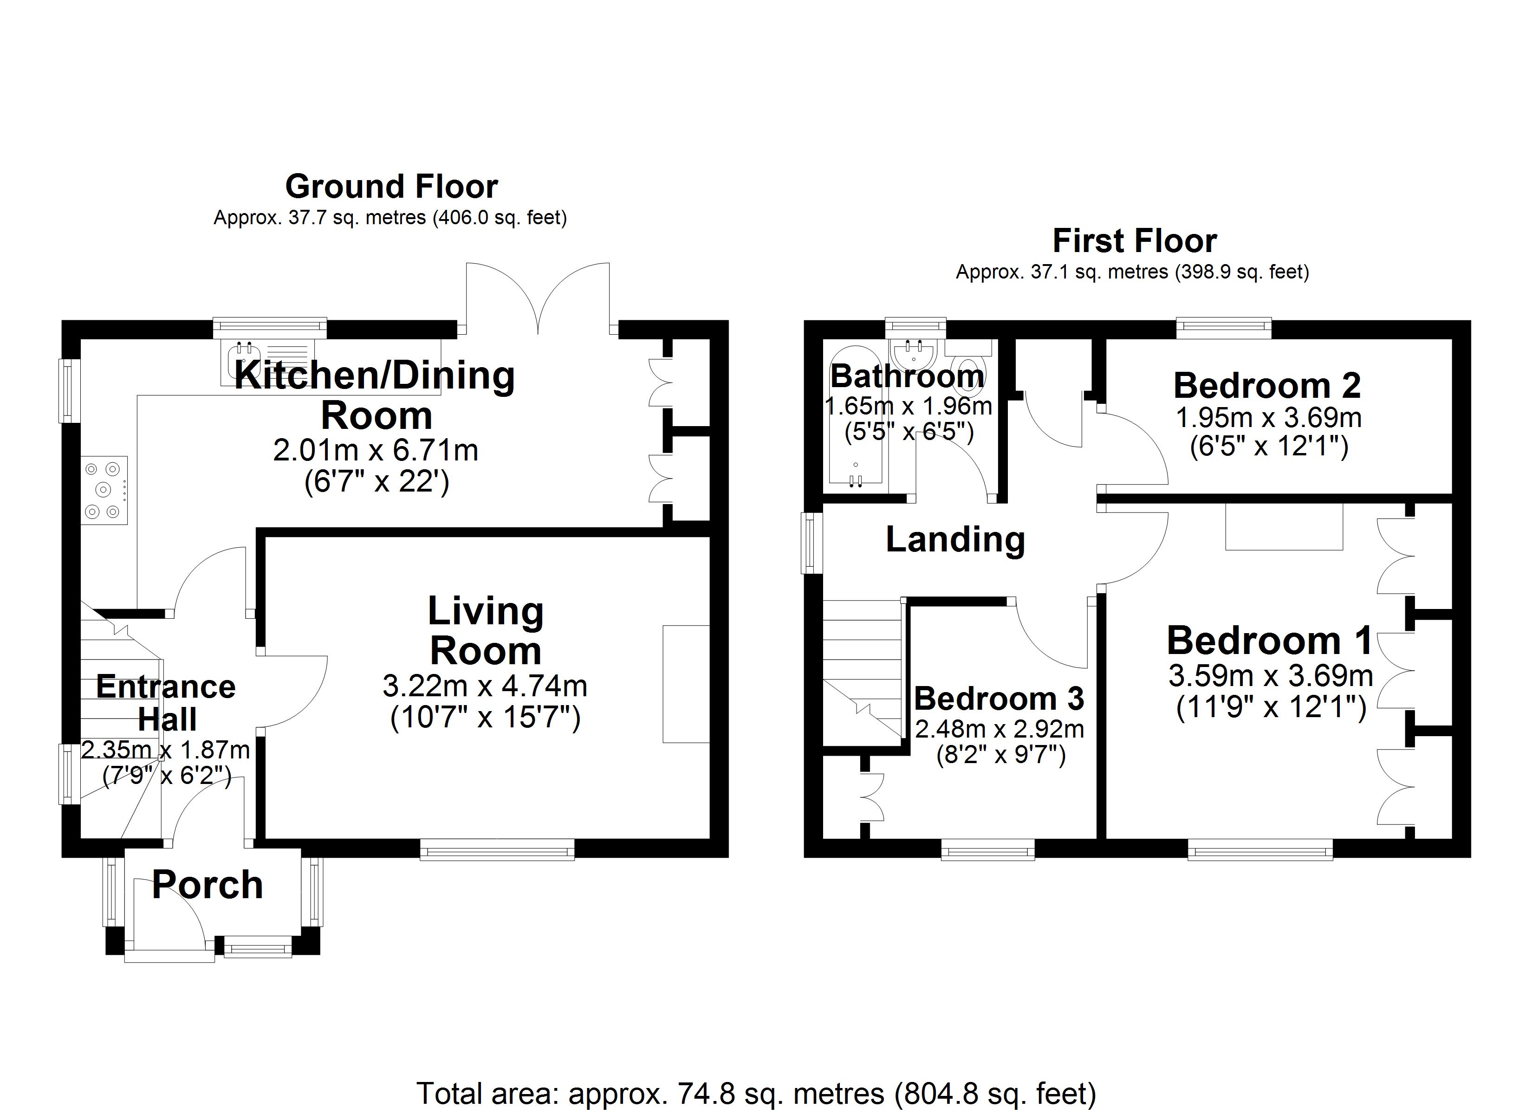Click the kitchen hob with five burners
104,490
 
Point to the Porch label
208,885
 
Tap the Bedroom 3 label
999,699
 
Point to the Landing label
955,540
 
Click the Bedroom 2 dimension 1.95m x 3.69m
1268,418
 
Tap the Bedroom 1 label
1269,641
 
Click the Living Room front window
497,848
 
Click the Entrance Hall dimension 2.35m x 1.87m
165,750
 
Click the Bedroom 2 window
1224,328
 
